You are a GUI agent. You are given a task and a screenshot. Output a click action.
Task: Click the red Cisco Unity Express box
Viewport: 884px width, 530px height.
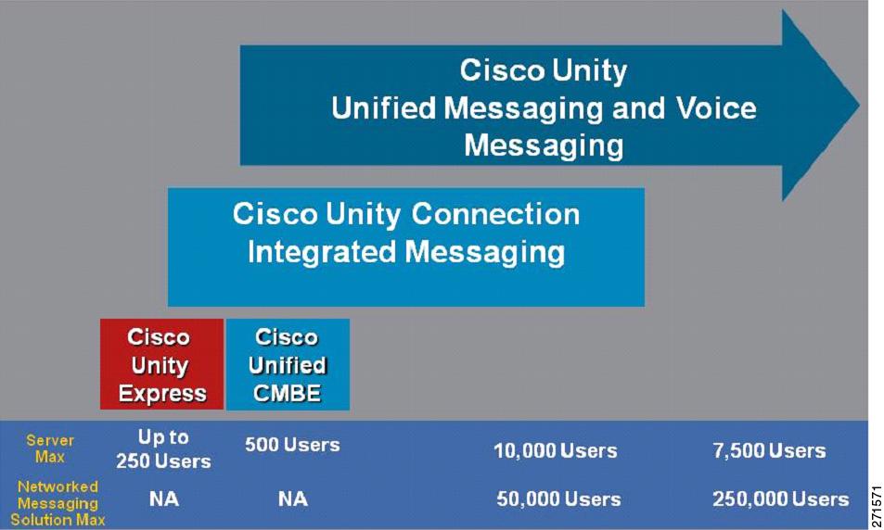coord(161,364)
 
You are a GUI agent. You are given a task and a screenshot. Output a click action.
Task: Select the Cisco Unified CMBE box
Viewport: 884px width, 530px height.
coord(288,364)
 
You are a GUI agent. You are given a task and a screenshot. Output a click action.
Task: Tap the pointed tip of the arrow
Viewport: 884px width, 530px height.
coord(859,105)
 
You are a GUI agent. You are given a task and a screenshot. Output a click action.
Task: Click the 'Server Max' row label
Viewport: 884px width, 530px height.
coord(49,448)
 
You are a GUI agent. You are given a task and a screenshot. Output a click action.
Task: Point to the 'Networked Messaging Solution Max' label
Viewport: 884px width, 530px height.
coord(58,503)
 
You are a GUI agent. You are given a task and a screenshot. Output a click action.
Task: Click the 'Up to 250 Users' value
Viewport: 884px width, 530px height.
coord(163,448)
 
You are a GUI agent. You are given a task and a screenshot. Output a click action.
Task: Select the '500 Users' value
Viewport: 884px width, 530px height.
coord(292,445)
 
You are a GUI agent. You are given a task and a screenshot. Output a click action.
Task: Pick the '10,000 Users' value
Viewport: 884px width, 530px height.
coord(556,450)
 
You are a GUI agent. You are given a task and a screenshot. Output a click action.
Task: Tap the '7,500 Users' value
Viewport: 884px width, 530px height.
coord(769,450)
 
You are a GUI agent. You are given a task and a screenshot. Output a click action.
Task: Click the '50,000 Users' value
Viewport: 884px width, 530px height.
coord(558,499)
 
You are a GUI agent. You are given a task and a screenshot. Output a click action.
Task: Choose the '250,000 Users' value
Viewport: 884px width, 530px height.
coord(781,499)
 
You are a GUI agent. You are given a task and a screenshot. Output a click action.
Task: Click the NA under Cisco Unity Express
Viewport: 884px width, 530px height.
coord(164,499)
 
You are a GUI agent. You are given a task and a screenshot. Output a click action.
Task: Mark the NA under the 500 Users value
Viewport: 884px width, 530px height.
coord(292,499)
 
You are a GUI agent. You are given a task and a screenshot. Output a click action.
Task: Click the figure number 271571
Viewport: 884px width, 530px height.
coord(877,506)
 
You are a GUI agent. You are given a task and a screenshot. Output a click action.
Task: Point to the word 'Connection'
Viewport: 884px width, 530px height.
coord(495,214)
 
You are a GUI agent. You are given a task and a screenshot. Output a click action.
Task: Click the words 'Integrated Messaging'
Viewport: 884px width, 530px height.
coord(406,252)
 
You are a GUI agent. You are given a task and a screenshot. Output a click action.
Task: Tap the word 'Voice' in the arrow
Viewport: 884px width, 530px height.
coord(716,107)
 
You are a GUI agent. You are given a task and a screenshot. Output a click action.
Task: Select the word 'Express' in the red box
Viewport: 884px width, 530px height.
coord(162,394)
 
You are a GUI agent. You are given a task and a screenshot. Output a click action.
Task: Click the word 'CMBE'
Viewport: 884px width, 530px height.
coord(287,393)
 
